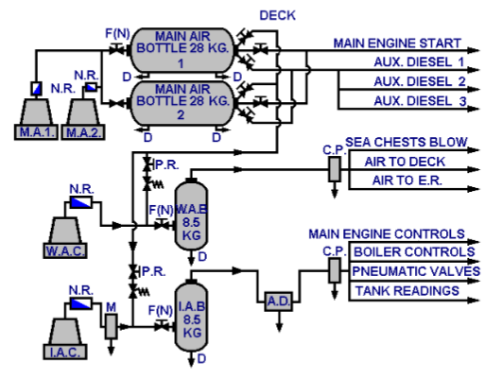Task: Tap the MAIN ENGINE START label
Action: coord(396,43)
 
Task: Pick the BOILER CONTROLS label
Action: coord(412,252)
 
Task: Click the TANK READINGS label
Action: coord(407,290)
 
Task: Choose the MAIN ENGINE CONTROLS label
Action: coord(386,233)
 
